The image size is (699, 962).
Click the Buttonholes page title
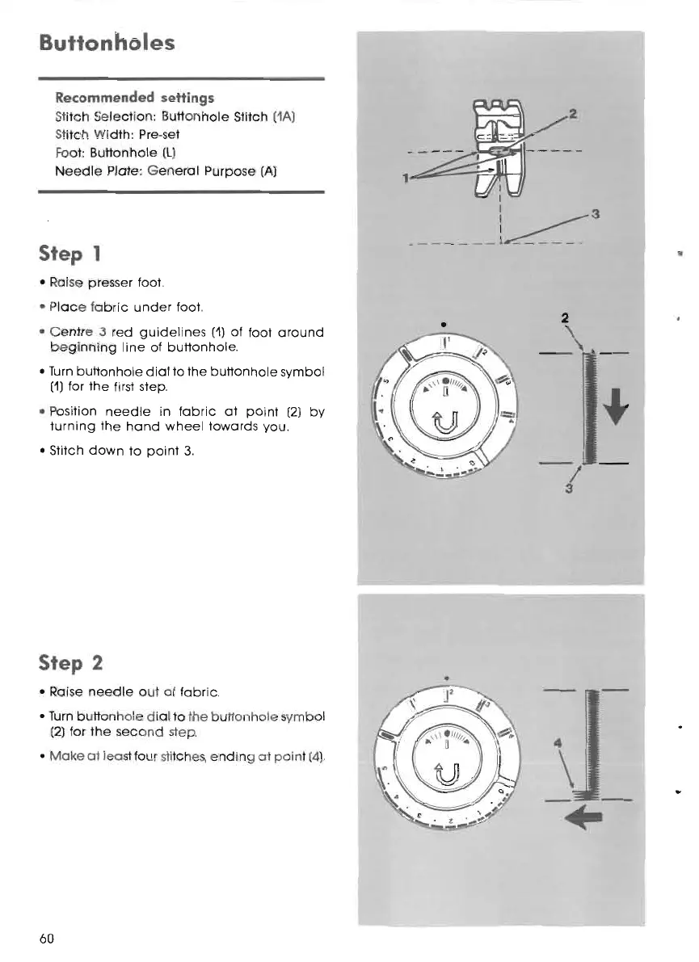pyautogui.click(x=107, y=41)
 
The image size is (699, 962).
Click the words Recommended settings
pyautogui.click(x=134, y=98)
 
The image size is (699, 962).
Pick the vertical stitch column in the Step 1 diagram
pyautogui.click(x=592, y=408)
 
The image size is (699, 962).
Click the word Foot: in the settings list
pyautogui.click(x=65, y=150)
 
